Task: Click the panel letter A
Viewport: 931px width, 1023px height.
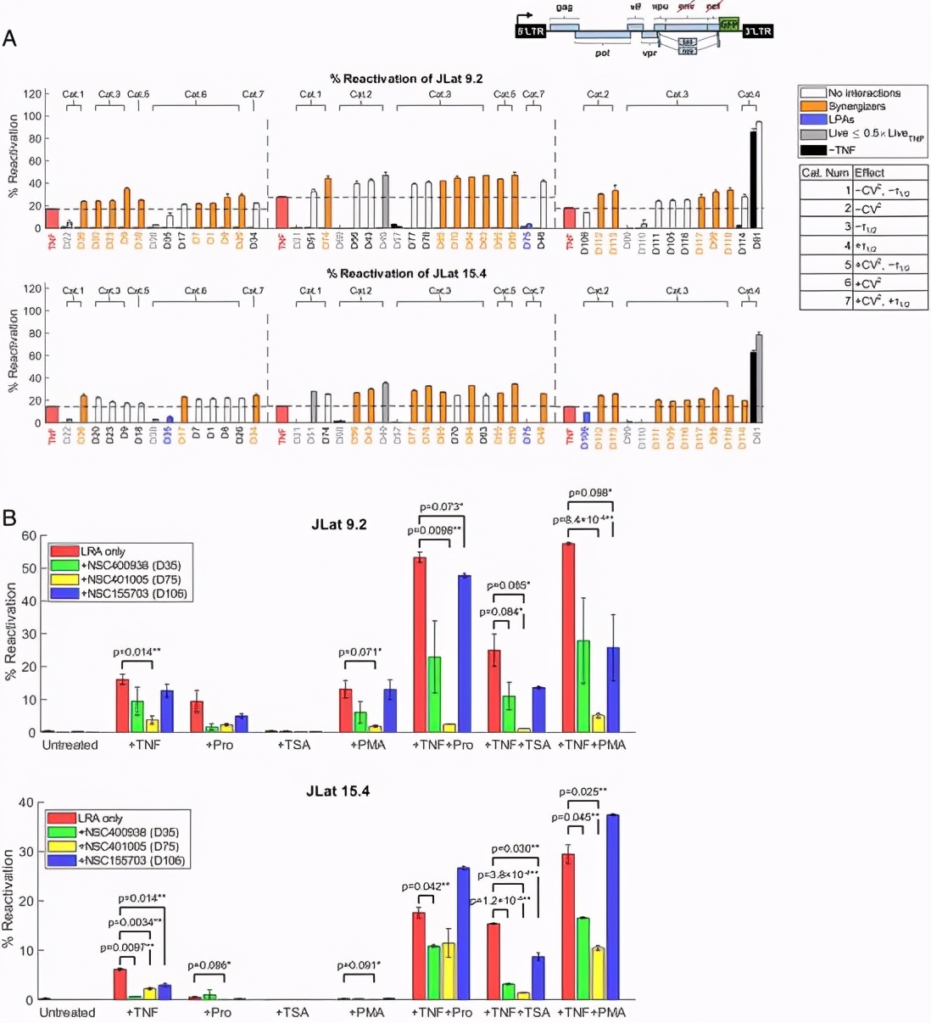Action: pos(9,38)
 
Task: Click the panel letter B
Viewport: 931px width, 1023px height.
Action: pos(9,517)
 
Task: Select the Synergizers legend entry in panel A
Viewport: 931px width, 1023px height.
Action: pos(856,106)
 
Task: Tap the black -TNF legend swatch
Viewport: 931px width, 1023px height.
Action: pos(813,150)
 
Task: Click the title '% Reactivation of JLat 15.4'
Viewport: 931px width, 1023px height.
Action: pos(406,273)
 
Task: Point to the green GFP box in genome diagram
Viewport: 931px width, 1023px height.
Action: pos(728,24)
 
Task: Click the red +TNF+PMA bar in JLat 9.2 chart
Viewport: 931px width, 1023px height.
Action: pos(568,636)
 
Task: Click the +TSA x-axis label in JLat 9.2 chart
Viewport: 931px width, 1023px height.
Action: pos(294,745)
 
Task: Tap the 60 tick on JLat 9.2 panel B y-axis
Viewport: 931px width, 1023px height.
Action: pos(29,535)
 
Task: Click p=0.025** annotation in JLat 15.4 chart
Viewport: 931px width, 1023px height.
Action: pos(583,791)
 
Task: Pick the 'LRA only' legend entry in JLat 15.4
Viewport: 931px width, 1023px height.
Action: pos(100,818)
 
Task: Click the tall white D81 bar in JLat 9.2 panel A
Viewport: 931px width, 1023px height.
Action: pos(758,175)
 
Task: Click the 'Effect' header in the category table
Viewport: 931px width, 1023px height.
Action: pos(869,172)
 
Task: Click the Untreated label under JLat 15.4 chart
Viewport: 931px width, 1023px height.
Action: pos(68,1012)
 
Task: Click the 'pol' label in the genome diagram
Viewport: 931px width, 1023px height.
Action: pos(602,53)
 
